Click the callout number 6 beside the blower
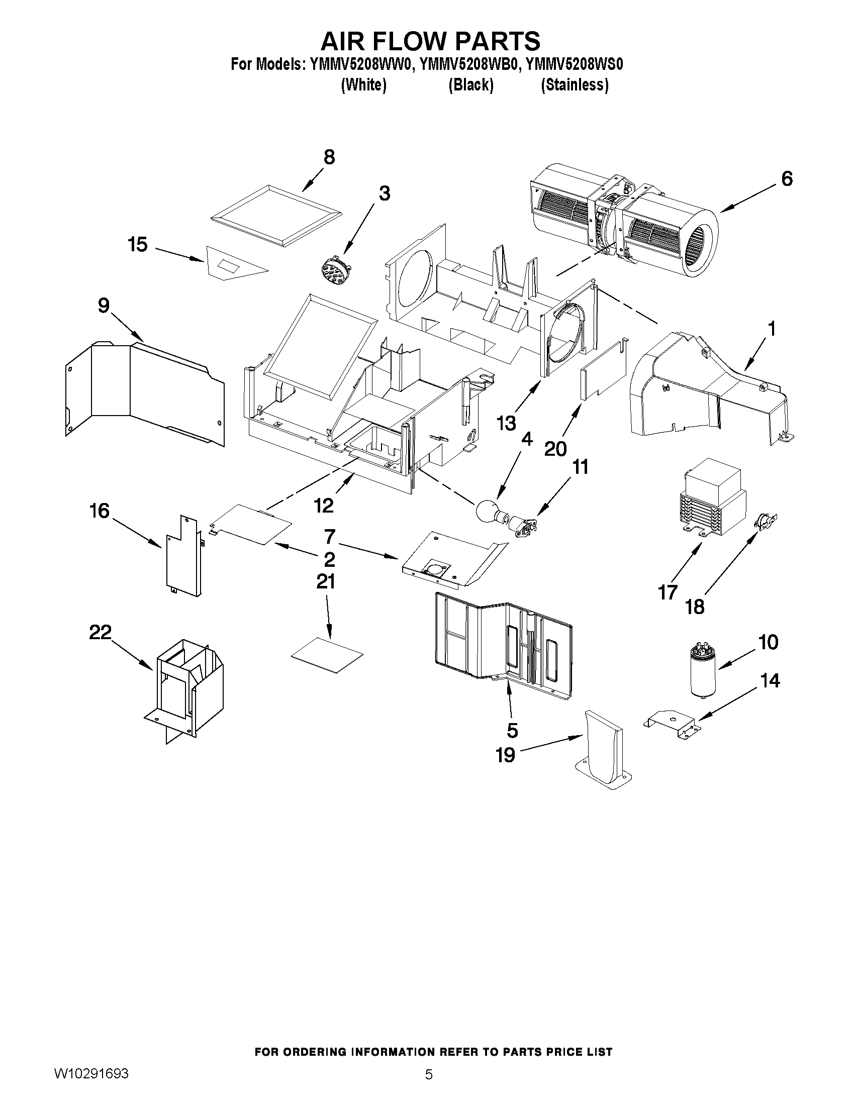pos(786,179)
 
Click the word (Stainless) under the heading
pos(575,84)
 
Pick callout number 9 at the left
pos(104,306)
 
